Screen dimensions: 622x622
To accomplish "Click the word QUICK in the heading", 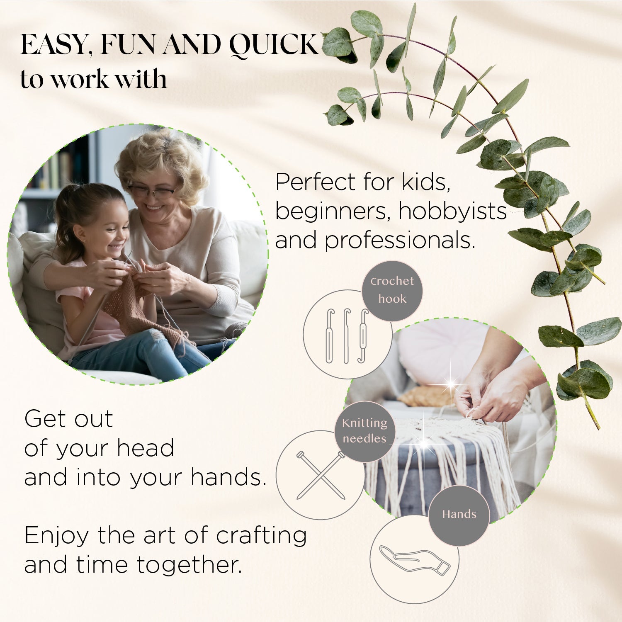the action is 274,45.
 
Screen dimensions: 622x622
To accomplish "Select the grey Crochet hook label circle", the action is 392,290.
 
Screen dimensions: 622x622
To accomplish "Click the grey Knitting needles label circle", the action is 364,431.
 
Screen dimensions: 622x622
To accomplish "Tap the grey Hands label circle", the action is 459,515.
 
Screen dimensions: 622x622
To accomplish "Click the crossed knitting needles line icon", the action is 320,476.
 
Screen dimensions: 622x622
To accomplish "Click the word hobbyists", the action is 453,211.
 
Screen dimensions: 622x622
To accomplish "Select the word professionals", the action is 400,241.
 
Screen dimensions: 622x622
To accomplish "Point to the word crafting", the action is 261,536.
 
